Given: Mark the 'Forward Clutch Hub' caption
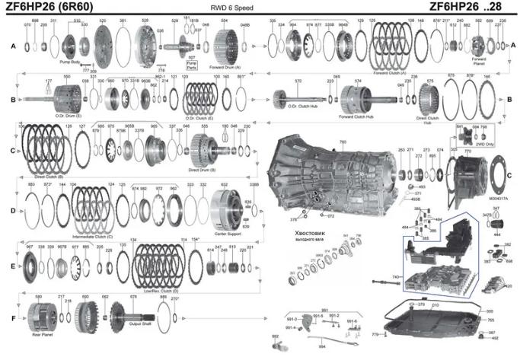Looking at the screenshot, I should tap(356, 116).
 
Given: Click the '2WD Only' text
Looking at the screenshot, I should tap(484, 142).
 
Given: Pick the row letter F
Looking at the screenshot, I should tap(12, 316).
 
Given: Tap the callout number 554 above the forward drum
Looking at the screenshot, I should tap(224, 21).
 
